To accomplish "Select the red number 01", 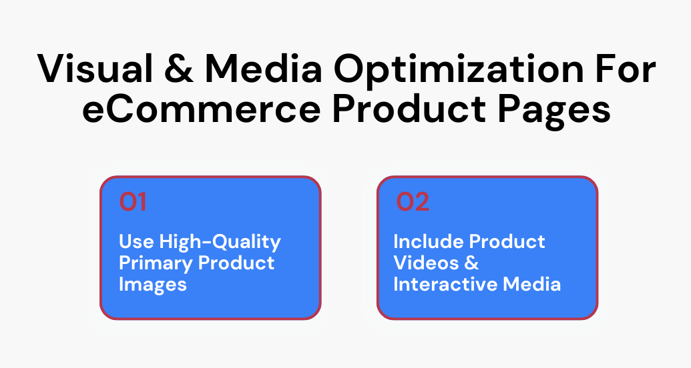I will [x=133, y=202].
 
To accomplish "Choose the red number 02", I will [x=413, y=202].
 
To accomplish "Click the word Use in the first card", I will [x=136, y=241].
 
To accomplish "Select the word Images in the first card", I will [x=153, y=284].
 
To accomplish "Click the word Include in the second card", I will [x=428, y=241].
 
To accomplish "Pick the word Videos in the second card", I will [x=427, y=263].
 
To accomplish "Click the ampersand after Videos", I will [x=472, y=263].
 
